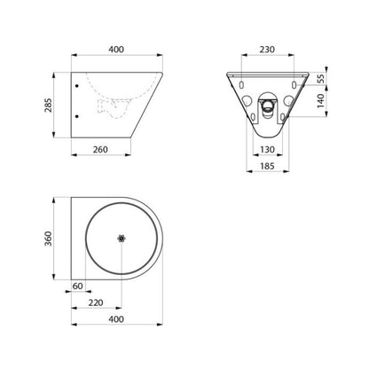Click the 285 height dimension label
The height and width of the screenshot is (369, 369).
pyautogui.click(x=48, y=105)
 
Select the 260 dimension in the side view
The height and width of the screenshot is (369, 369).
pyautogui.click(x=100, y=150)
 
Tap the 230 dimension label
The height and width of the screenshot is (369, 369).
pyautogui.click(x=267, y=50)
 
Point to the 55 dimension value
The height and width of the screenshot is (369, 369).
pyautogui.click(x=321, y=79)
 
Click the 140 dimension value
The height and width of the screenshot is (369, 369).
pyautogui.click(x=321, y=101)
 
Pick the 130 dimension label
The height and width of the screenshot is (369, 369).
pyautogui.click(x=267, y=150)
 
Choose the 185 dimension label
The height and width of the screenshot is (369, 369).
pyautogui.click(x=267, y=166)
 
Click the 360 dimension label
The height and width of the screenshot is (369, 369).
pyautogui.click(x=48, y=239)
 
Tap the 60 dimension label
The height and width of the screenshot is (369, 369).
pyautogui.click(x=77, y=287)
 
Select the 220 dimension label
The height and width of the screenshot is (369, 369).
pyautogui.click(x=96, y=302)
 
